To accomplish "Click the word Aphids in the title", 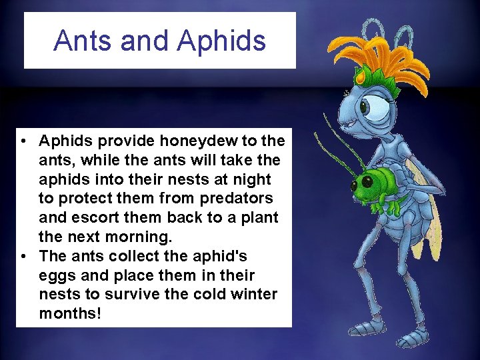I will tap(221, 40).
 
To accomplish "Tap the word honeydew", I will tap(201, 141).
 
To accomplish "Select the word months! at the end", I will tap(70, 313).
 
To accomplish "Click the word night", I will tap(251, 179).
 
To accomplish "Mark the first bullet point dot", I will tap(23, 141).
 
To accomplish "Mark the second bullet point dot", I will tap(23, 257).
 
